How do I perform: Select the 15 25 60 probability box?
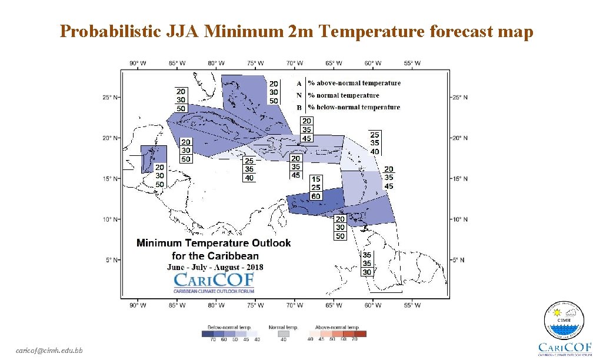click(x=317, y=187)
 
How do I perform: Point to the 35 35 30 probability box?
click(x=367, y=264)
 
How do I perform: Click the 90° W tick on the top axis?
click(x=138, y=62)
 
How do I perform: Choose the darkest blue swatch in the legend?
click(x=208, y=334)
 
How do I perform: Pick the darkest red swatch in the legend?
click(x=360, y=334)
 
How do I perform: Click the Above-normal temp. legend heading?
click(x=338, y=326)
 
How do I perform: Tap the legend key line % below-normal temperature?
click(x=354, y=108)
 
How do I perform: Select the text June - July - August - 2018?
click(x=215, y=266)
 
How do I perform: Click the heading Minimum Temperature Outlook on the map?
click(x=214, y=243)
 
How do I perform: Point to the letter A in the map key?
click(x=299, y=84)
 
